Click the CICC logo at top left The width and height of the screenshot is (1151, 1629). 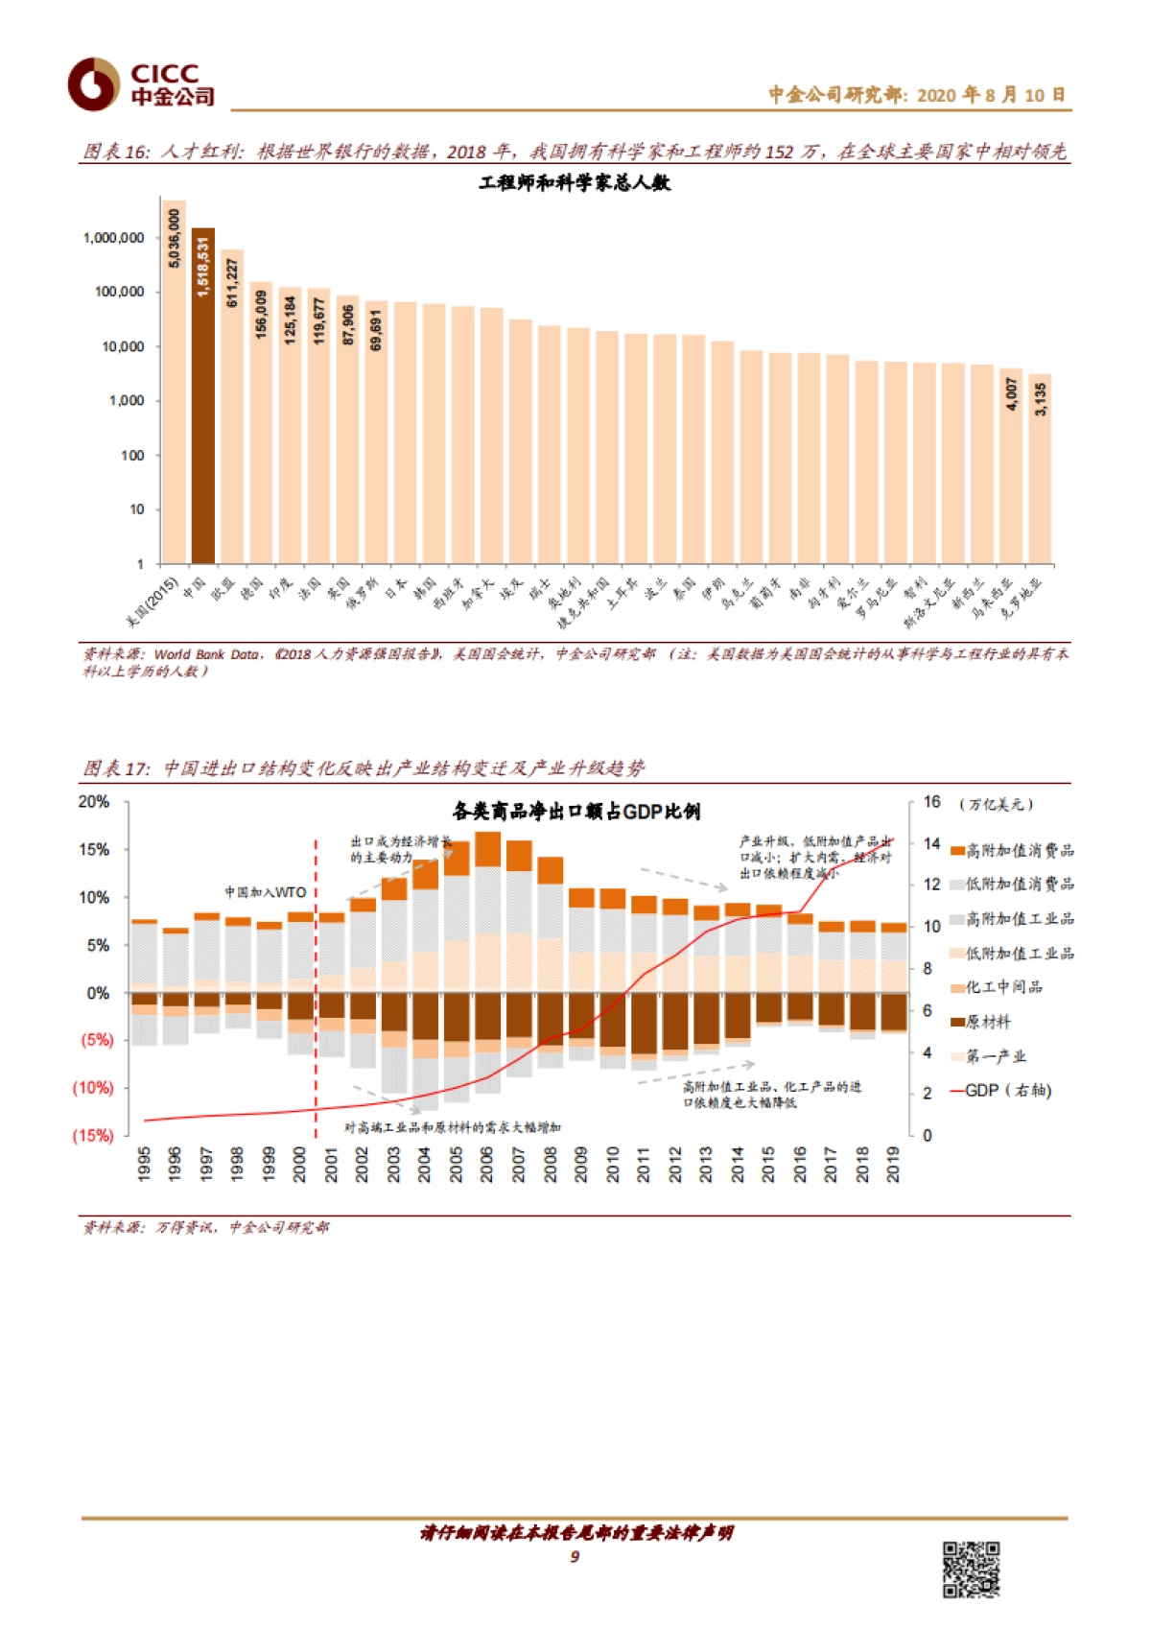pos(140,84)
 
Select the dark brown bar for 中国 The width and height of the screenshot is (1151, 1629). pos(203,403)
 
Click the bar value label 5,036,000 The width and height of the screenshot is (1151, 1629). pos(175,238)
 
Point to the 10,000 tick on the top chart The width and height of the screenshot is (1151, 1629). pos(125,346)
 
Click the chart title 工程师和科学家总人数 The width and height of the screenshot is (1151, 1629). pos(575,182)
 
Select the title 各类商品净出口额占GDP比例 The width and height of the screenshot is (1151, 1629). pos(575,812)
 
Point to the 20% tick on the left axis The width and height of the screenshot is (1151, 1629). pos(94,802)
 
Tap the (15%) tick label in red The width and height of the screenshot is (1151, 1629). pos(93,1136)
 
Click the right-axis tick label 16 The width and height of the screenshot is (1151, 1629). pos(931,802)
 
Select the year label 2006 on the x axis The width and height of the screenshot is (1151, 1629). pos(487,1164)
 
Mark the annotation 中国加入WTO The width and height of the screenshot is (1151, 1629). pos(266,892)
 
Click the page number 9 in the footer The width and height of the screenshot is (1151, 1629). pos(575,1556)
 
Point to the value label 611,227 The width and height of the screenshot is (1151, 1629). pos(232,282)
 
